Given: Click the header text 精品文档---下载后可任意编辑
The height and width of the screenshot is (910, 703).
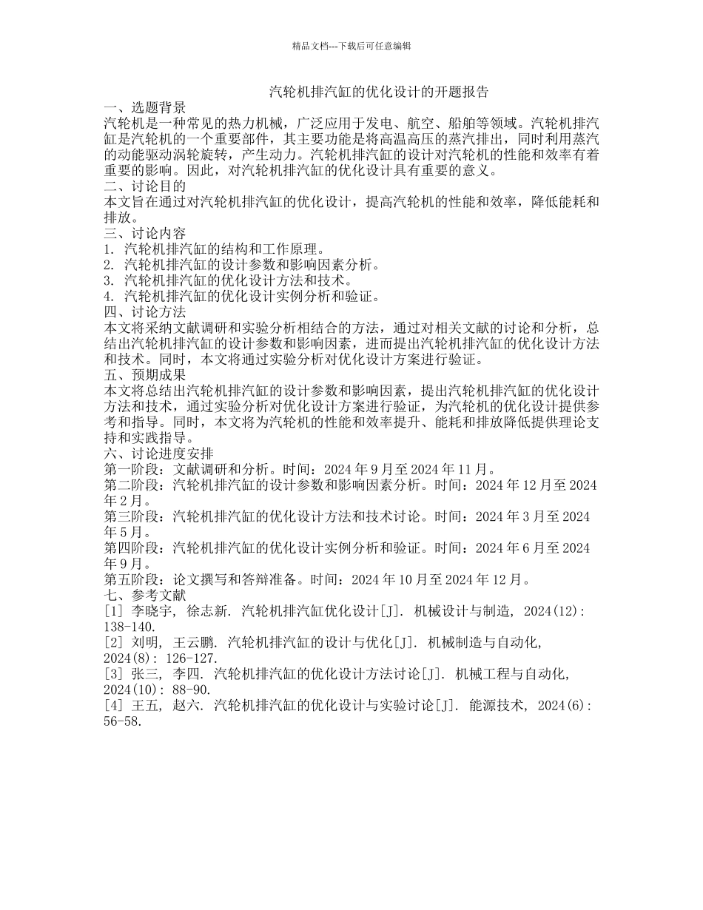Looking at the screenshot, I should (x=351, y=46).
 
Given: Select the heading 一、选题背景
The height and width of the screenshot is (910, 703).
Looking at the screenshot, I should (x=145, y=108).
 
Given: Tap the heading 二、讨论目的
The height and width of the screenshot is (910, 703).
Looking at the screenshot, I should (x=145, y=186).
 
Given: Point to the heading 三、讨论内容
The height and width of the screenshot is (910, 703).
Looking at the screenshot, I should (x=145, y=234).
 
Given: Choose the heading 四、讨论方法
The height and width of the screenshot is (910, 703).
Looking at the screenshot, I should (x=145, y=312).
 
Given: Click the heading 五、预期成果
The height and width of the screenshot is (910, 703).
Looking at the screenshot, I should (x=145, y=374).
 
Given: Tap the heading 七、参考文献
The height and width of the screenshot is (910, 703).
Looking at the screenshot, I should (x=145, y=595).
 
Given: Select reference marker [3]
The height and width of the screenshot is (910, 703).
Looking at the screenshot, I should (x=115, y=674).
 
